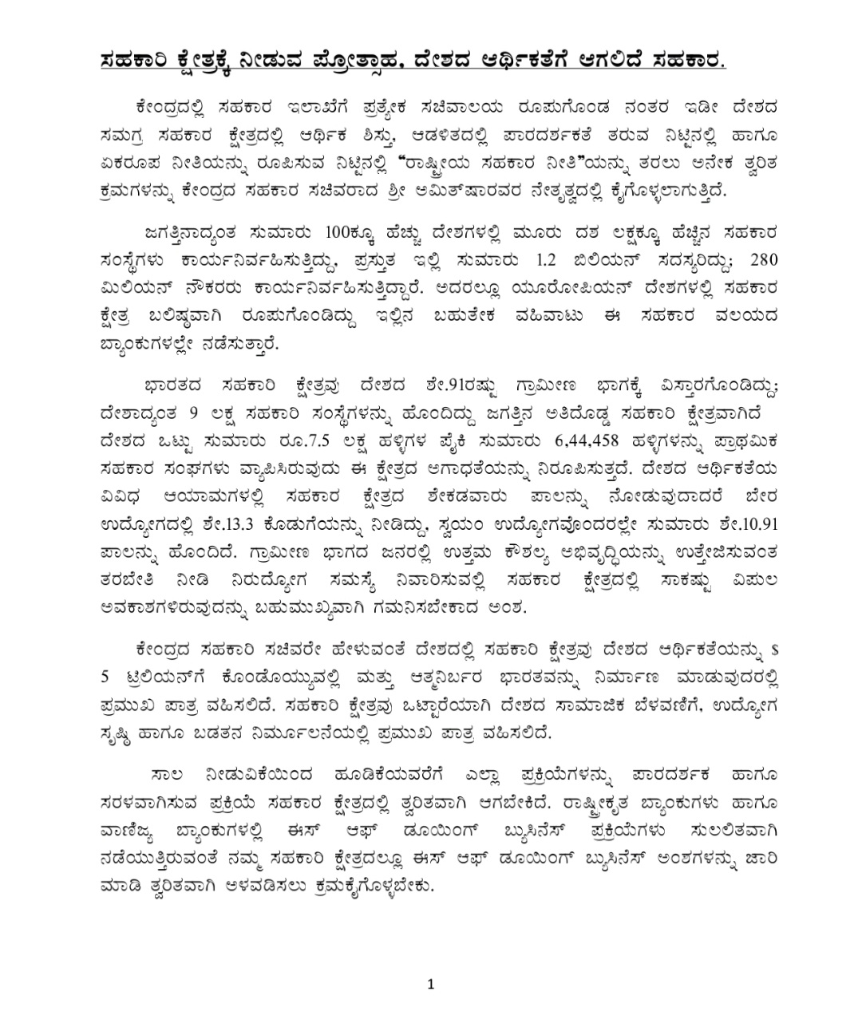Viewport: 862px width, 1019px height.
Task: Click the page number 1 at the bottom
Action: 431,983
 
